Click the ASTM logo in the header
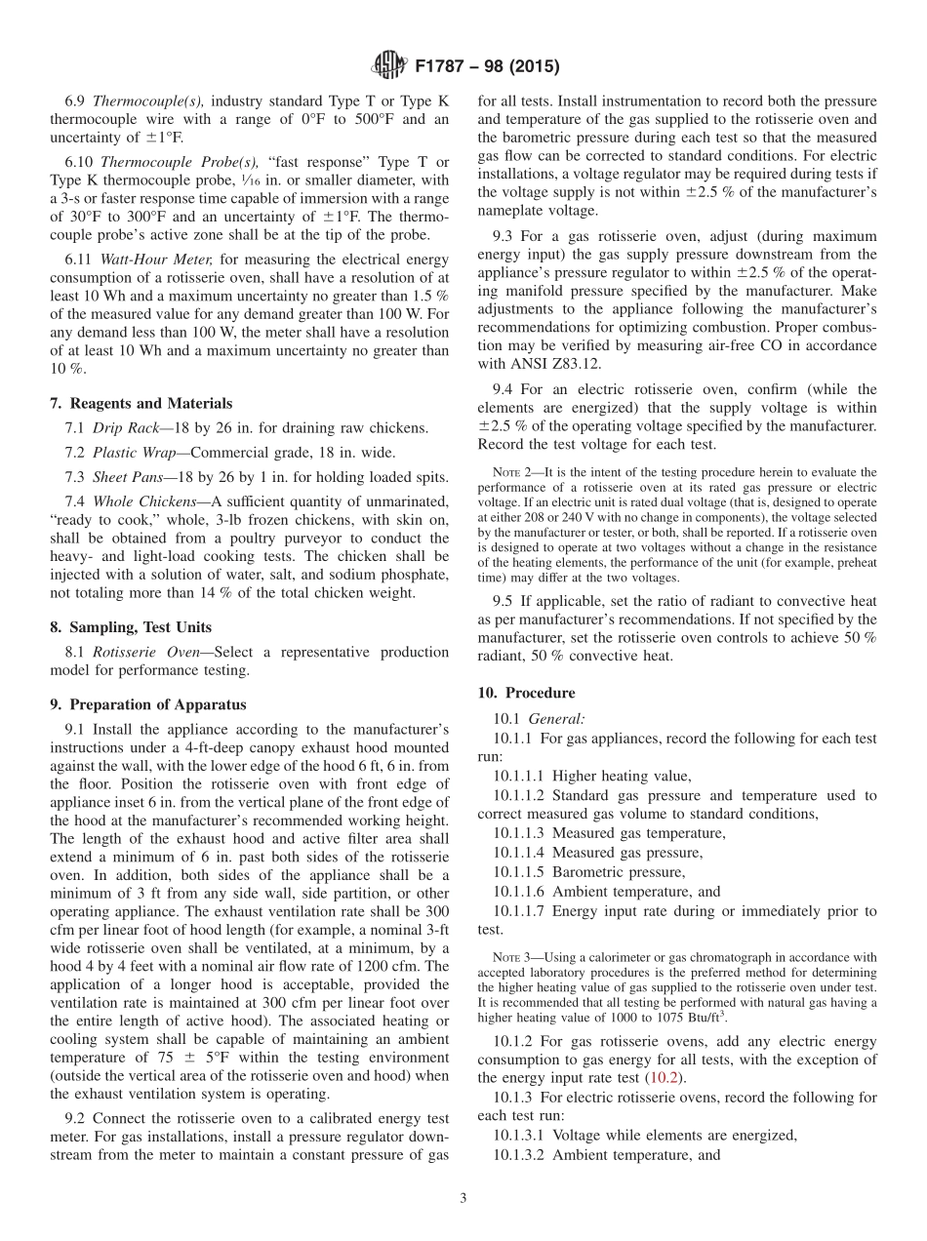[389, 67]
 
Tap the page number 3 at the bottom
[463, 1199]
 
